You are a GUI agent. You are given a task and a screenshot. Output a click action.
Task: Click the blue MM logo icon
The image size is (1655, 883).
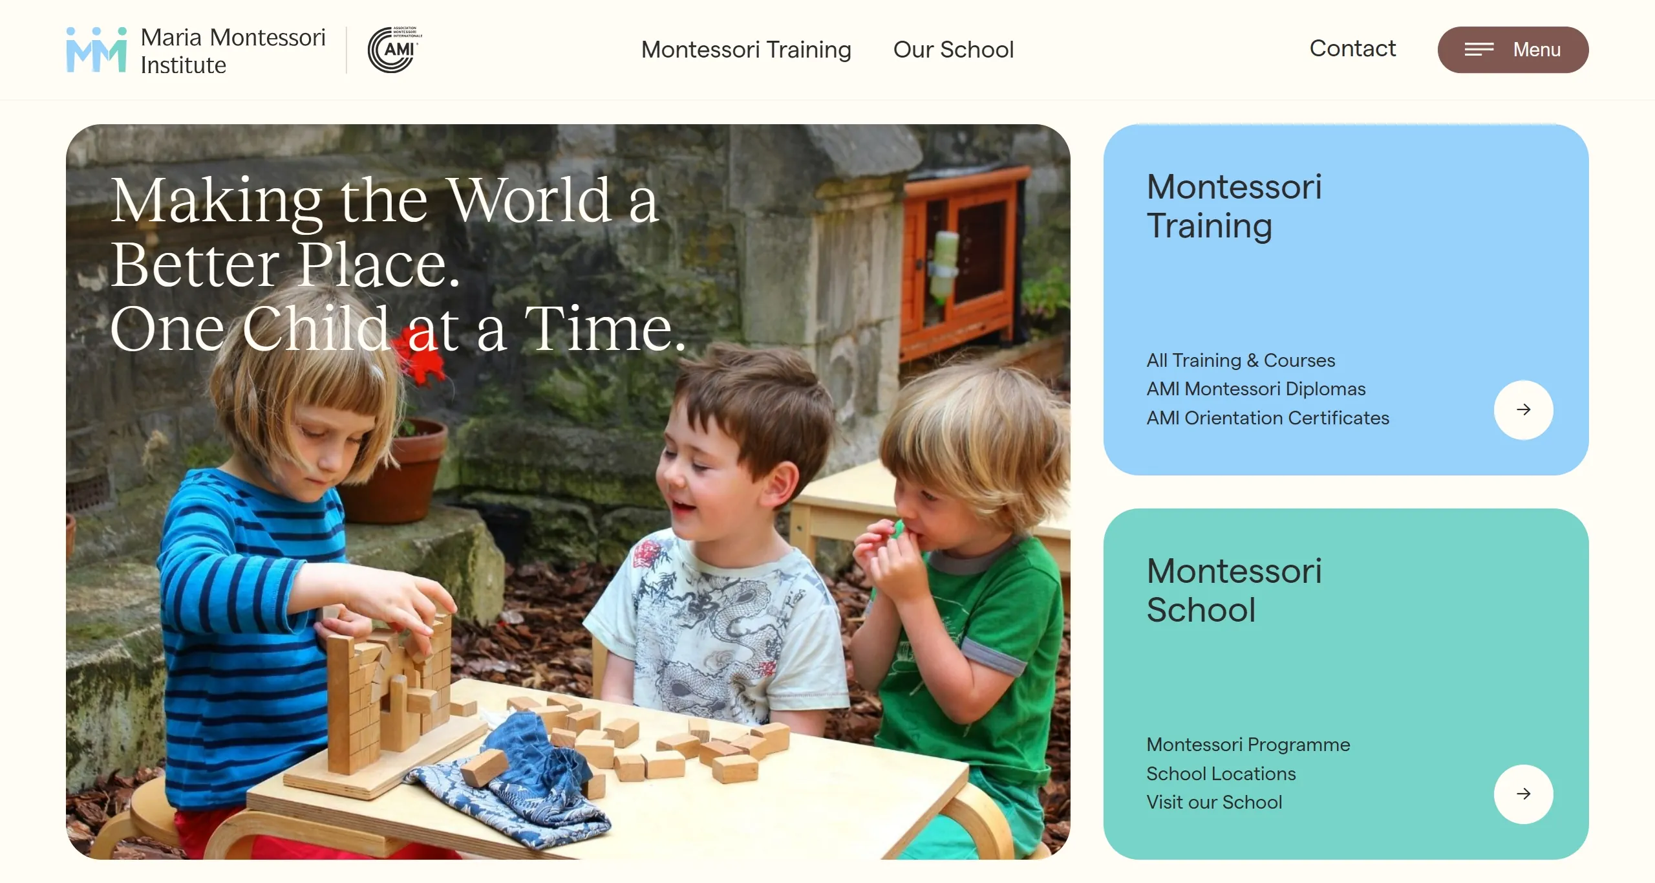(96, 50)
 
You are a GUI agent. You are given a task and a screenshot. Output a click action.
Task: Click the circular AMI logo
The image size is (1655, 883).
(394, 50)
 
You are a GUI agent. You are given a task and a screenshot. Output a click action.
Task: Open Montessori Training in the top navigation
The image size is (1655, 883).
(746, 50)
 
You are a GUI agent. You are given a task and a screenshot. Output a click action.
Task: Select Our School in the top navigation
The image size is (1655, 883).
(954, 50)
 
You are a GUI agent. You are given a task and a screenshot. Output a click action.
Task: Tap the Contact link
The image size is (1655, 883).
(1352, 49)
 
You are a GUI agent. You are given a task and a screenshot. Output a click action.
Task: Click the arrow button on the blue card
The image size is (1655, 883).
(1523, 409)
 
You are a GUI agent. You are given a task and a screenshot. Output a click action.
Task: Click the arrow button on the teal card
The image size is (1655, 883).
(1523, 794)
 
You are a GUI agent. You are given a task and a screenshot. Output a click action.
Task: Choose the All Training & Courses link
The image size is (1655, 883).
(1241, 360)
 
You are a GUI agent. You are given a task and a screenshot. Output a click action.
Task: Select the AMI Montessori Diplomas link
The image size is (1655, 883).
(1255, 389)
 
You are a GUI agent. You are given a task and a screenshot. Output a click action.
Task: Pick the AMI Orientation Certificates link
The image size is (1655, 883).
(1268, 418)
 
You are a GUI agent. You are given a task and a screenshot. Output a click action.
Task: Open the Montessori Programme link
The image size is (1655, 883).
(1248, 745)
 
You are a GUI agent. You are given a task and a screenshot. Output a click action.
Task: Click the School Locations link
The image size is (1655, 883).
(1221, 774)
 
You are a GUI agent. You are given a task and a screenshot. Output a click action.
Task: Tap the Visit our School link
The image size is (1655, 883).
(1214, 802)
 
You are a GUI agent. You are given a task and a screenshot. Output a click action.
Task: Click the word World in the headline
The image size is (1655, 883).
(529, 201)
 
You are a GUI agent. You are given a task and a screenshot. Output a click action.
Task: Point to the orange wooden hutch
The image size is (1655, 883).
(963, 259)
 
